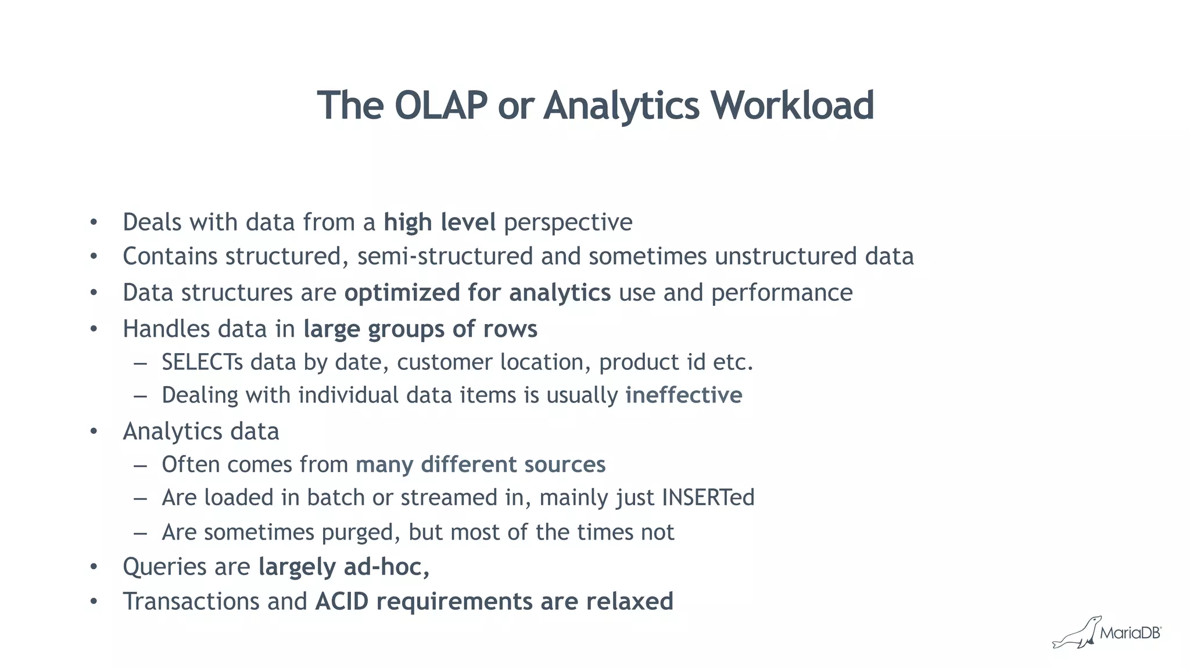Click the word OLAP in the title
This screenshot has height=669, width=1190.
click(x=440, y=106)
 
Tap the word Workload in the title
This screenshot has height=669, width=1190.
click(x=792, y=106)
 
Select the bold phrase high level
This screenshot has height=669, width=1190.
click(x=439, y=222)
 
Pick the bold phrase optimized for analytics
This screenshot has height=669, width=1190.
click(x=477, y=293)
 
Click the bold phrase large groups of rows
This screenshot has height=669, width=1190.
click(x=420, y=329)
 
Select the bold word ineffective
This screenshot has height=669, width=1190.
click(x=683, y=395)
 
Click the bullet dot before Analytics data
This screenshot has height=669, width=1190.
click(x=94, y=431)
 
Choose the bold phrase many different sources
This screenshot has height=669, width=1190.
click(x=481, y=465)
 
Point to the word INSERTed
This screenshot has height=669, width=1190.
click(x=708, y=498)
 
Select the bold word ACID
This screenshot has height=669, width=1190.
click(x=342, y=602)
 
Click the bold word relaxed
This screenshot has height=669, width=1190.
click(x=629, y=602)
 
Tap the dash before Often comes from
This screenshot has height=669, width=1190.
click(x=140, y=465)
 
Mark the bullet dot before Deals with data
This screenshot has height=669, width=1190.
click(x=94, y=222)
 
